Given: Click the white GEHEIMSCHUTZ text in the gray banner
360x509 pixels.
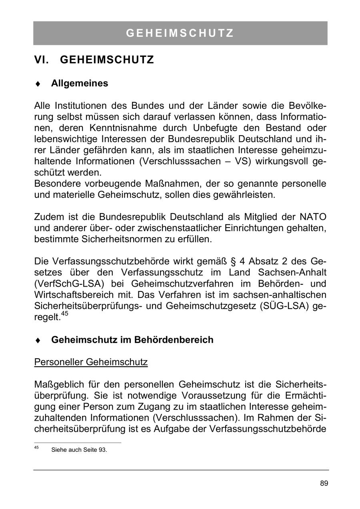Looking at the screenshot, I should coord(180,33).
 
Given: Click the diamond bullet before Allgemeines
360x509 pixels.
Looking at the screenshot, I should coord(38,84).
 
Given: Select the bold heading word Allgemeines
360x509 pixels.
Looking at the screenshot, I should coord(80,84).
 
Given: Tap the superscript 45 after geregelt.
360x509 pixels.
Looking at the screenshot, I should coord(65,314).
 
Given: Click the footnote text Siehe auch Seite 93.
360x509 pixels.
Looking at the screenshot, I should coord(79,450).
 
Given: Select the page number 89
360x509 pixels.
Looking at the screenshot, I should coord(324,483).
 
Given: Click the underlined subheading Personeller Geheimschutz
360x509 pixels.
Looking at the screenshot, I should coord(91,362).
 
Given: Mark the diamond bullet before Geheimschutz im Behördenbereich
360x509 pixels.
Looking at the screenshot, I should coord(38,340).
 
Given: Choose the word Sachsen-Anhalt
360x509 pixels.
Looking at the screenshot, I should coord(292,273).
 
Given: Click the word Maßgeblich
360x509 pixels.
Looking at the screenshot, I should coord(59,385).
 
